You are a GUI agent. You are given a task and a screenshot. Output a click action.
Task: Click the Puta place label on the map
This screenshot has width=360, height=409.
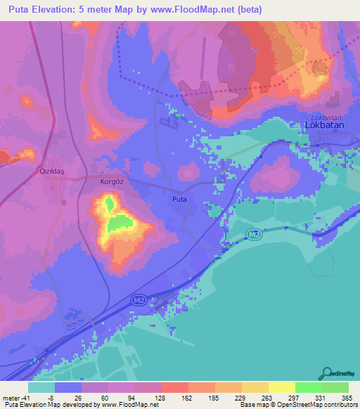[x=179, y=200]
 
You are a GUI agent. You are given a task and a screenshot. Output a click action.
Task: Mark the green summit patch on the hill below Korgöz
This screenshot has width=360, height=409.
[x=121, y=223]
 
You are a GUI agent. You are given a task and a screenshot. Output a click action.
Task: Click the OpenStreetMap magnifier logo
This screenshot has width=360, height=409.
[x=328, y=372]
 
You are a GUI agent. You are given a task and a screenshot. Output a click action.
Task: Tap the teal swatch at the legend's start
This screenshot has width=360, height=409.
[x=41, y=387]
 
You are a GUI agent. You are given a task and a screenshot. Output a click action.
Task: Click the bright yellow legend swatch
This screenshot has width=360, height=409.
[x=281, y=387]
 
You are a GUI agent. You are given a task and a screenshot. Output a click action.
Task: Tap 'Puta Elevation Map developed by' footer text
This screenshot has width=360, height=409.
[x=49, y=405]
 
